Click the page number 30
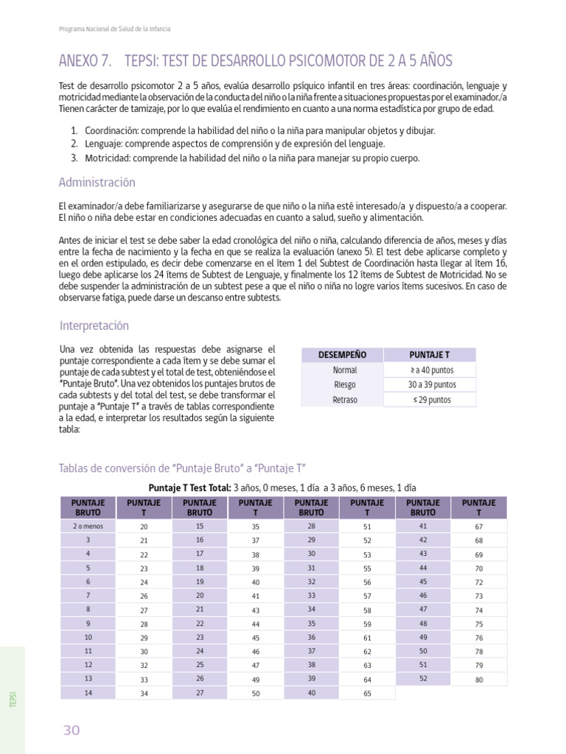click(71, 730)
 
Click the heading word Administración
click(97, 183)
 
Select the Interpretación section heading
click(94, 325)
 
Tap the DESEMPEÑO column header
click(342, 355)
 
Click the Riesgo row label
click(344, 384)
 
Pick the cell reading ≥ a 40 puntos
click(432, 370)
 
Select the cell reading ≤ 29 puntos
click(432, 400)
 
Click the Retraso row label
click(345, 400)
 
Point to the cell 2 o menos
click(88, 526)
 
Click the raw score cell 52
click(423, 678)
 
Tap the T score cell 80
click(479, 680)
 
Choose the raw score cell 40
click(311, 692)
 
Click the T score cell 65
click(367, 694)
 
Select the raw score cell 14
click(88, 692)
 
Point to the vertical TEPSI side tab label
click(13, 700)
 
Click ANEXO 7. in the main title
click(85, 60)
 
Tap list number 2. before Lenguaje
click(74, 144)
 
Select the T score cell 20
click(144, 527)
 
